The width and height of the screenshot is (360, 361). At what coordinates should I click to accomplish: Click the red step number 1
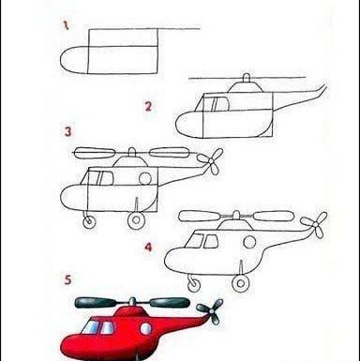pos(66,25)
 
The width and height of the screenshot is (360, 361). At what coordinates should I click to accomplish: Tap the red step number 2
pos(148,107)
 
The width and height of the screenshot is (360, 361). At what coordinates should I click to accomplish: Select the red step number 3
pos(67,131)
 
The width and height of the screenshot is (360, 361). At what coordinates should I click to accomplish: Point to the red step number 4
pos(148,248)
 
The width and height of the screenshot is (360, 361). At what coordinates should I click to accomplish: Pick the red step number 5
pos(67,279)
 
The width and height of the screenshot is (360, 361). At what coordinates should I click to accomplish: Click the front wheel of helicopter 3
pos(89,221)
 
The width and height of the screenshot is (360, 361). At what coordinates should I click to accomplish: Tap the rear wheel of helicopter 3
pos(136,219)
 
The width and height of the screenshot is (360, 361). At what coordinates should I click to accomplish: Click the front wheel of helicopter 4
pos(194,284)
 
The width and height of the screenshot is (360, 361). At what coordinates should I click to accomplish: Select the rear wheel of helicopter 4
pos(241,283)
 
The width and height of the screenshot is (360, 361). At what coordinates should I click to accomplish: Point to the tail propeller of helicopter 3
pos(211,161)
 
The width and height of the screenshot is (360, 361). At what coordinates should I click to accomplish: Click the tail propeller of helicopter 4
pos(315,224)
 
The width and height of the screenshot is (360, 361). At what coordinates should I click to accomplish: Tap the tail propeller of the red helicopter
pos(211,311)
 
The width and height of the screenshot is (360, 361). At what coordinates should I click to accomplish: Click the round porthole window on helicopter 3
pos(145,178)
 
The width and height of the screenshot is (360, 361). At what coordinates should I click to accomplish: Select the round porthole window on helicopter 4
pos(249,242)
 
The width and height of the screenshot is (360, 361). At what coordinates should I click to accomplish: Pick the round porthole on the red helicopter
pos(145,329)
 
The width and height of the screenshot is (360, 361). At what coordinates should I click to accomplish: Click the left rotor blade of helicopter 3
pos(96,152)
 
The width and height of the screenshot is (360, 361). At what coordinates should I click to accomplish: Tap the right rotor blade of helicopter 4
pos(274,216)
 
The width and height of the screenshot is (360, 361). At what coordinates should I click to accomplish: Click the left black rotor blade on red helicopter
pos(96,302)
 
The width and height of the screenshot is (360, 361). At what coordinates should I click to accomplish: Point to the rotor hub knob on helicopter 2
pos(247,78)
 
